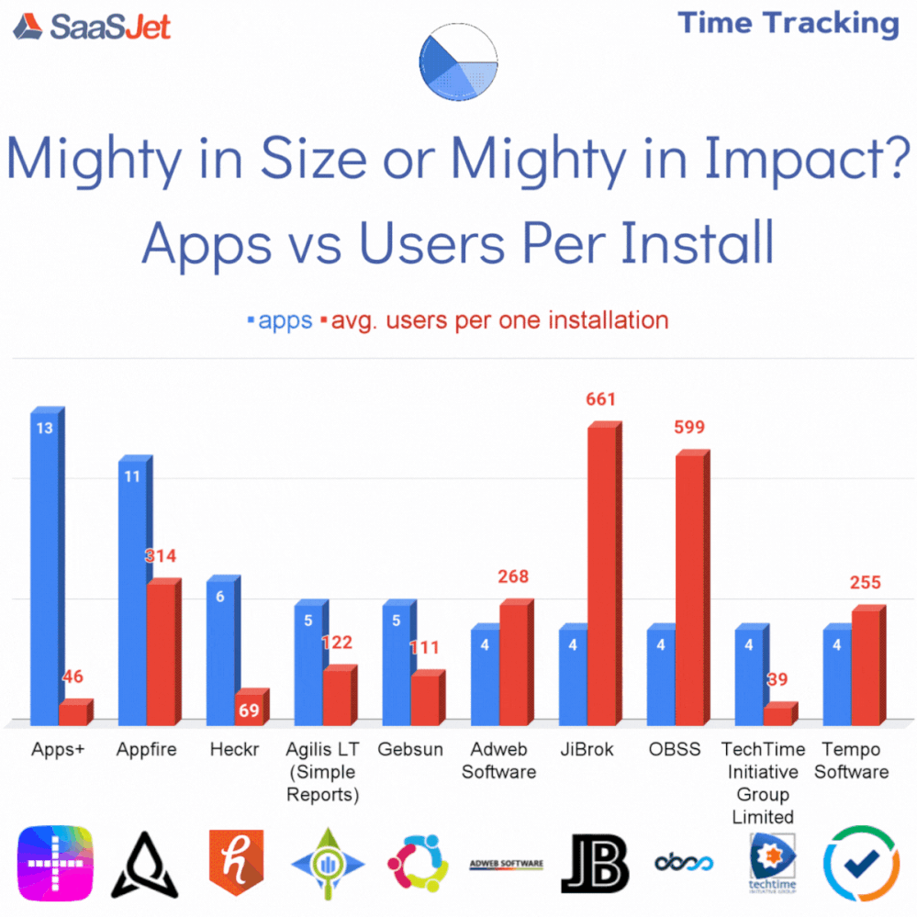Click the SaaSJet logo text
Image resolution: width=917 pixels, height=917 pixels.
[110, 27]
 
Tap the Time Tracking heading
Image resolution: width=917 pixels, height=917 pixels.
[788, 24]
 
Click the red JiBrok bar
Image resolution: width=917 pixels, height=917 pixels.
[601, 574]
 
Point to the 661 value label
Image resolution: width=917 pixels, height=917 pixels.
[600, 399]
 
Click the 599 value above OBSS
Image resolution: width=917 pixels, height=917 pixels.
[690, 427]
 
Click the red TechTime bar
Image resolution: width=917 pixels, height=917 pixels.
[778, 714]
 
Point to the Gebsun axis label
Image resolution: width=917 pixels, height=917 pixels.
[410, 749]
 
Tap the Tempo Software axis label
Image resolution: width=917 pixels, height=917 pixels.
[852, 760]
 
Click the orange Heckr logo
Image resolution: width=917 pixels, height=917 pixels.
[236, 862]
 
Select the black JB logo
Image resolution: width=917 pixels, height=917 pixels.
[595, 863]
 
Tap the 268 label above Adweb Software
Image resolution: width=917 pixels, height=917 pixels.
[514, 576]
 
